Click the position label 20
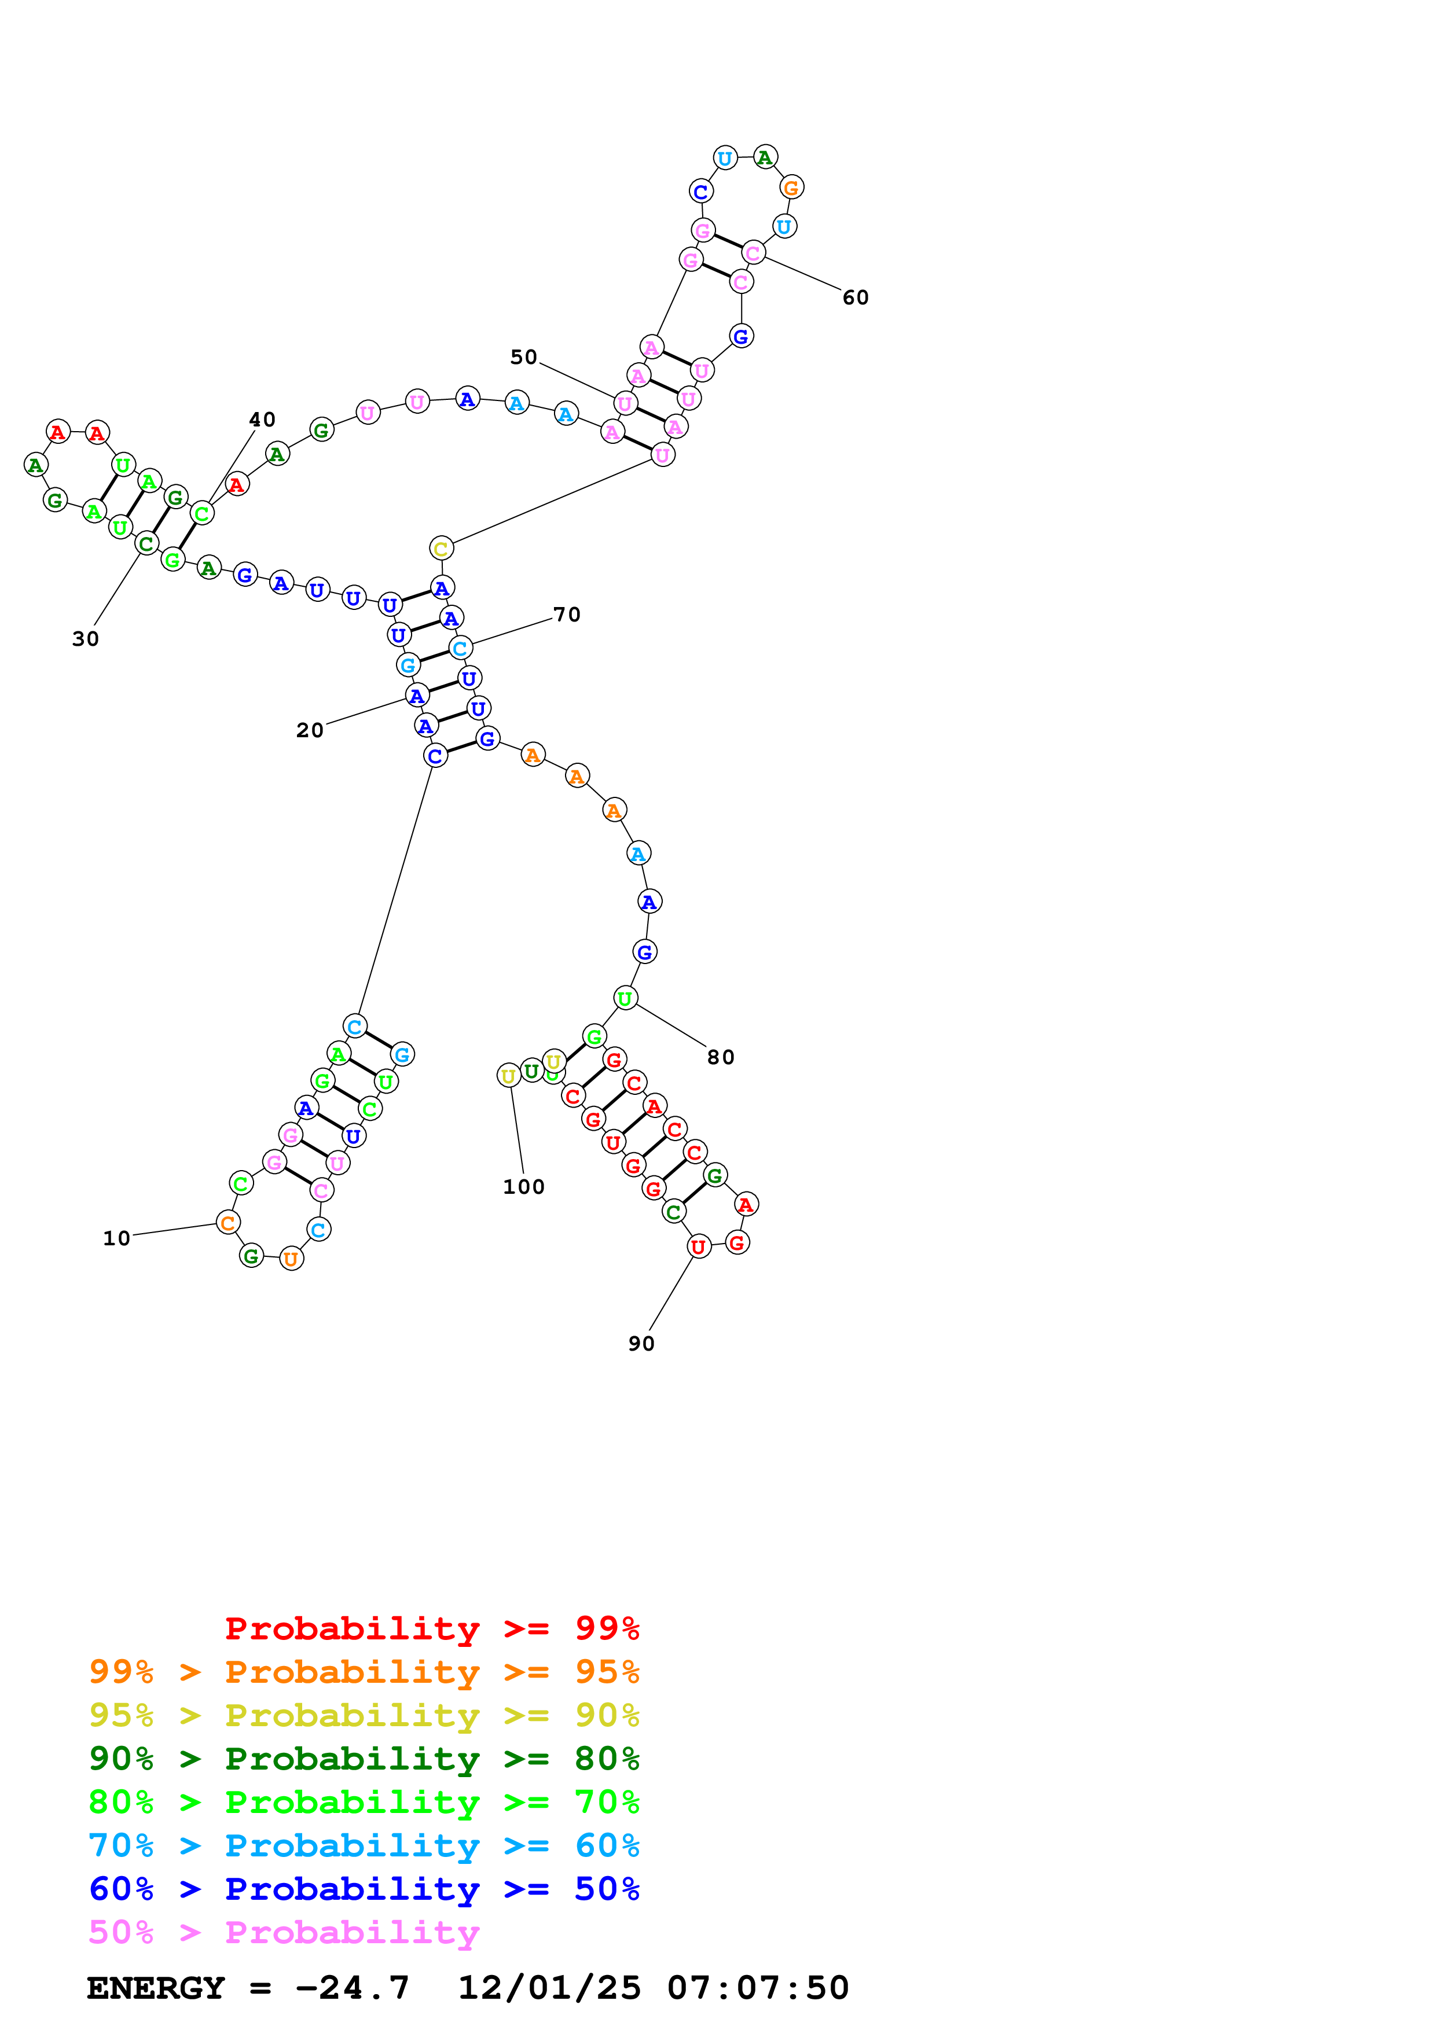pyautogui.click(x=310, y=730)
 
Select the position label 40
pyautogui.click(x=262, y=419)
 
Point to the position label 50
pyautogui.click(x=523, y=356)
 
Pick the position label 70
pyautogui.click(x=567, y=615)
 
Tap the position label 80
pyautogui.click(x=721, y=1057)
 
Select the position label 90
pyautogui.click(x=641, y=1343)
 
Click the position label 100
pyautogui.click(x=523, y=1186)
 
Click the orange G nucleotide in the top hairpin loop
pyautogui.click(x=791, y=187)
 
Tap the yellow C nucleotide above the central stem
pyautogui.click(x=441, y=548)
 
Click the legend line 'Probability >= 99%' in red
pyautogui.click(x=431, y=1628)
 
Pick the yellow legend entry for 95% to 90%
pyautogui.click(x=364, y=1715)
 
